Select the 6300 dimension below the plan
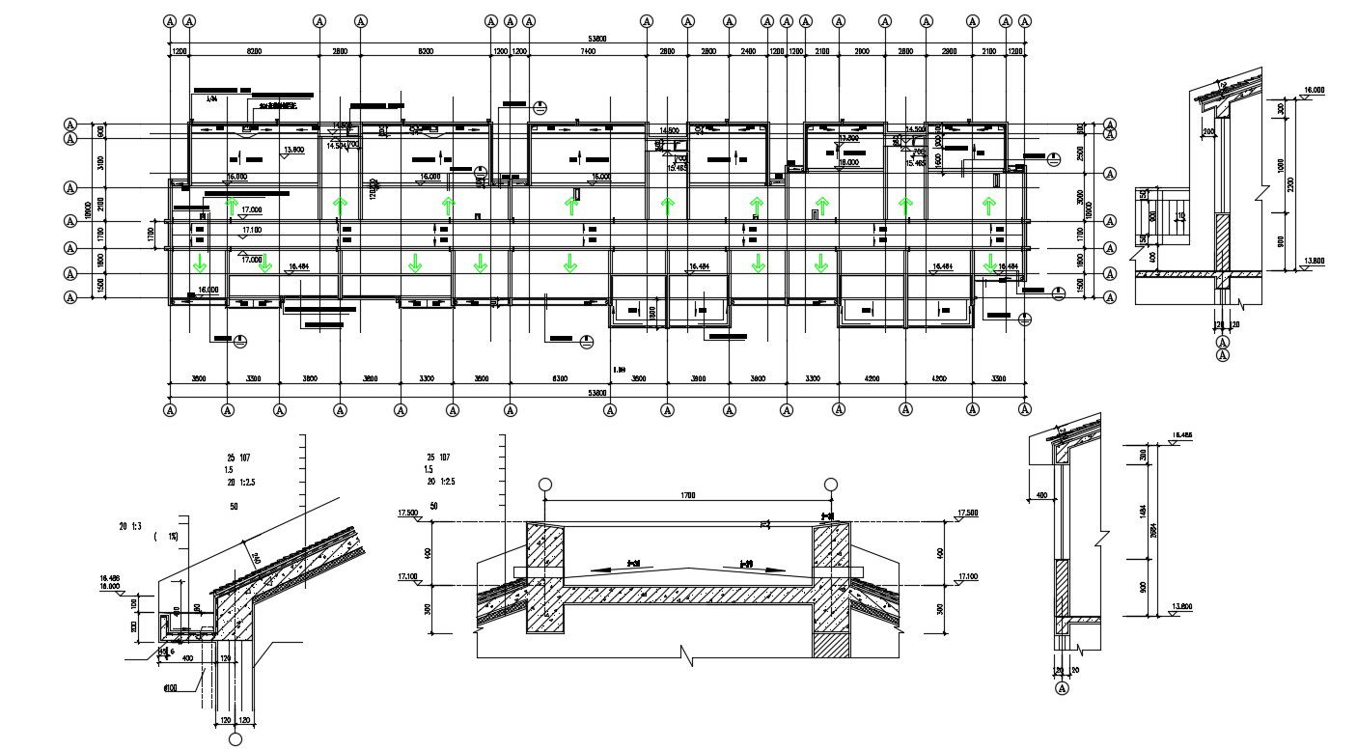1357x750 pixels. click(x=560, y=379)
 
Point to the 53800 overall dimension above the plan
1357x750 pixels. click(x=597, y=39)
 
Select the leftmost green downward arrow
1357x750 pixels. click(x=201, y=263)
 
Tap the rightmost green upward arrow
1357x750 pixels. click(x=988, y=205)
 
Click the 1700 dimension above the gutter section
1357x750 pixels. click(x=687, y=495)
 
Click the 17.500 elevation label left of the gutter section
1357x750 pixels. click(x=406, y=514)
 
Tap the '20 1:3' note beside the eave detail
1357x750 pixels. click(x=130, y=526)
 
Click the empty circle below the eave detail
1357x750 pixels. click(x=235, y=739)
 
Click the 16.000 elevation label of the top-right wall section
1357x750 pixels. click(x=1315, y=90)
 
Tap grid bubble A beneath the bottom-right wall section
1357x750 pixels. click(x=1064, y=688)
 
